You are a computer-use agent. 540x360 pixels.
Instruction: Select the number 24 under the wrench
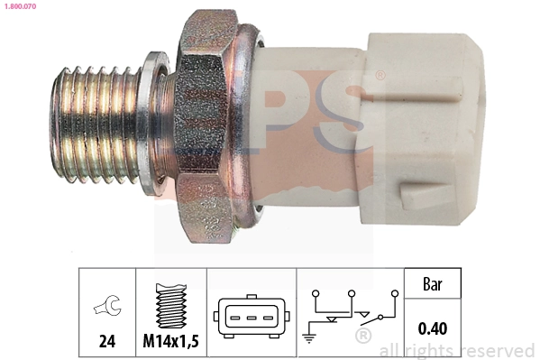[106, 342]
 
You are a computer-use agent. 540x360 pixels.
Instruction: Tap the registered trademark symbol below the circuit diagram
[362, 337]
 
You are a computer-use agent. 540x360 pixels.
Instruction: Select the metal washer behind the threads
[155, 122]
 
